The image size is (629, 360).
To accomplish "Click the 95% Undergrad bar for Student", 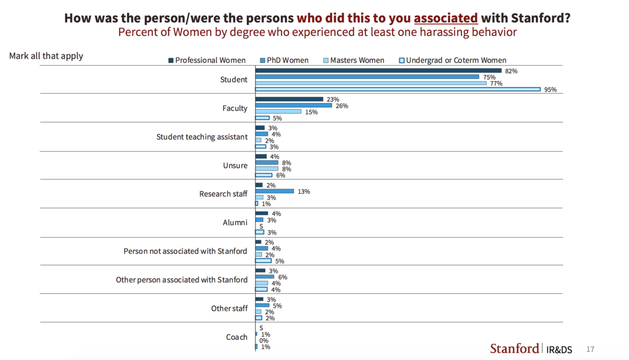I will (x=397, y=90).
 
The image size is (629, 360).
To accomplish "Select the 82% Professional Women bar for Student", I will (x=378, y=71).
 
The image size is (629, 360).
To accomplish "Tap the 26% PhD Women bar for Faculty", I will (x=294, y=105).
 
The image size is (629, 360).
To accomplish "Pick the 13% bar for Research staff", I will (x=274, y=191).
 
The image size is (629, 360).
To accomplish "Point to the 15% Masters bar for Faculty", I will (x=278, y=112).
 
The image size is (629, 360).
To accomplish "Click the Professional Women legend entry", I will (x=207, y=60).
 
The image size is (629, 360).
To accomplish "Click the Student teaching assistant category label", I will (x=202, y=137).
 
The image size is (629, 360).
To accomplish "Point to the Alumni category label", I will (x=235, y=222).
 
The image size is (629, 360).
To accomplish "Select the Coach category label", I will (x=236, y=337).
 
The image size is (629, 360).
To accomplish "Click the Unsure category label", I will (x=235, y=166).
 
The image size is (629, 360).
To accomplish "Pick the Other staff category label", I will (x=229, y=308).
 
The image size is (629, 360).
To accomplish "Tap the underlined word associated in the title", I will (x=446, y=18).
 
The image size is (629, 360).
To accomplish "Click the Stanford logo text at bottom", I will (x=514, y=348).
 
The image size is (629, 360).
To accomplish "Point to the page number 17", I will (x=590, y=349).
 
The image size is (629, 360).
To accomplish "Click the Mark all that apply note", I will (x=46, y=56).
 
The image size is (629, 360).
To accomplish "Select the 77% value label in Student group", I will (x=496, y=83).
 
